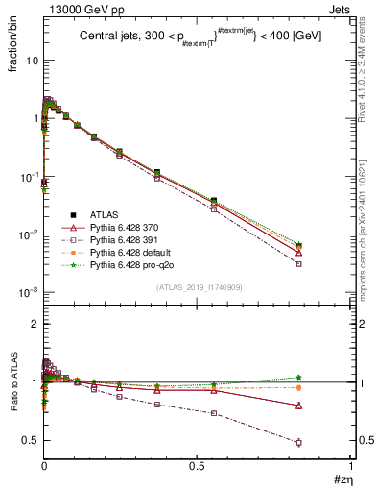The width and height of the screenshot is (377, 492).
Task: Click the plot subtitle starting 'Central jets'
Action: pyautogui.click(x=199, y=36)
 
